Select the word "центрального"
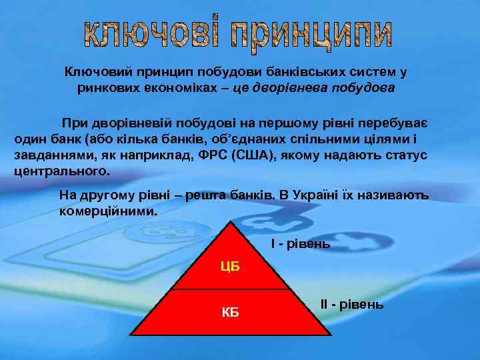[x=60, y=171]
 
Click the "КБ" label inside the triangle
[x=230, y=312]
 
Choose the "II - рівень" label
[x=352, y=304]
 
